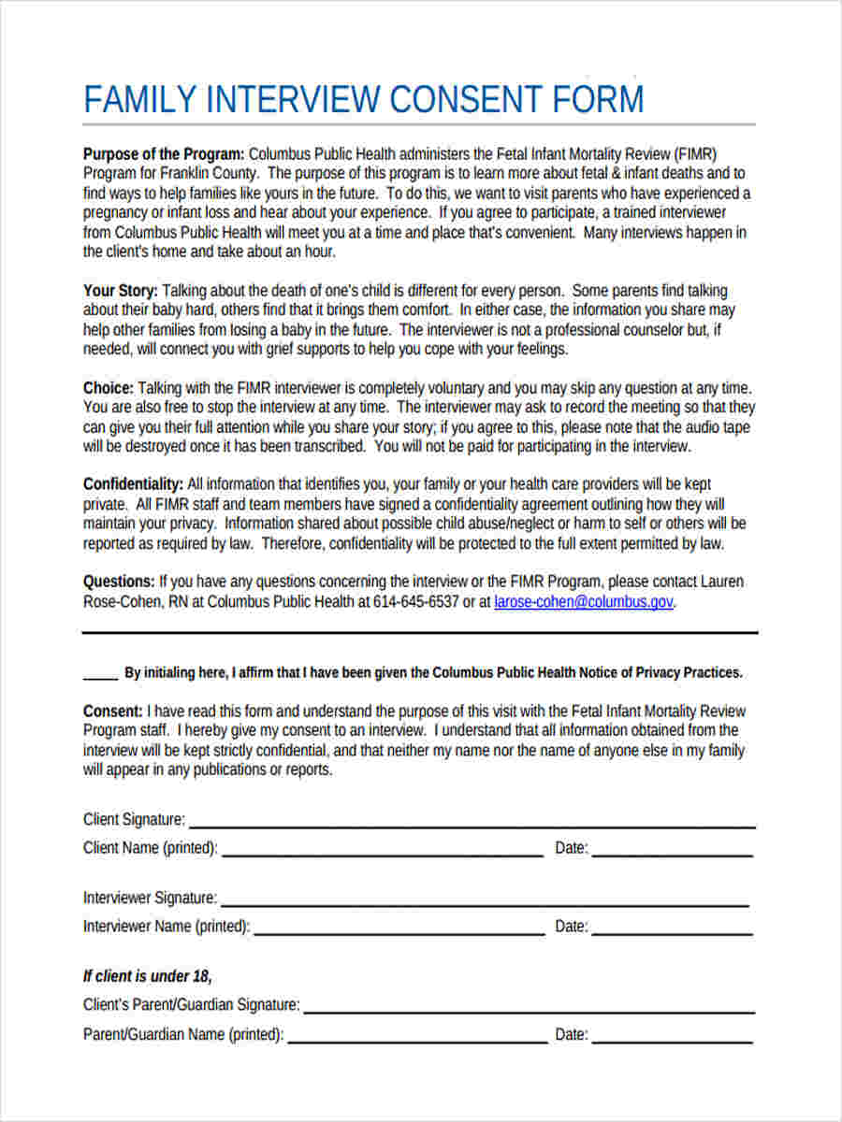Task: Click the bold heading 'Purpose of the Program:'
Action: pos(164,153)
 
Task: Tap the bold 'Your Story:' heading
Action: pos(121,291)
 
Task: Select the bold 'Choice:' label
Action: pos(109,388)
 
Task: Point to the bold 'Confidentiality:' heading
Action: pos(133,484)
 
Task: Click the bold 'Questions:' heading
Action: pos(119,582)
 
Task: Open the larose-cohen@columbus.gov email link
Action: pos(583,602)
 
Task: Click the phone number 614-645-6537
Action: pos(416,602)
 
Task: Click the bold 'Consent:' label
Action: pos(113,711)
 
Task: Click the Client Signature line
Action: pos(472,825)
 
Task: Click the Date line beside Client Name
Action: pos(672,853)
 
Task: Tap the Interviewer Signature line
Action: pos(485,903)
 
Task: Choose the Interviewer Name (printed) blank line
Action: pos(399,931)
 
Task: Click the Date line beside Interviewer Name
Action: pos(672,931)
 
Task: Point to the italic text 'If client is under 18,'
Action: pos(148,976)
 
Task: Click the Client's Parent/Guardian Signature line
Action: pos(529,1010)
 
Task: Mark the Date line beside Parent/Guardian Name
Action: pos(672,1039)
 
